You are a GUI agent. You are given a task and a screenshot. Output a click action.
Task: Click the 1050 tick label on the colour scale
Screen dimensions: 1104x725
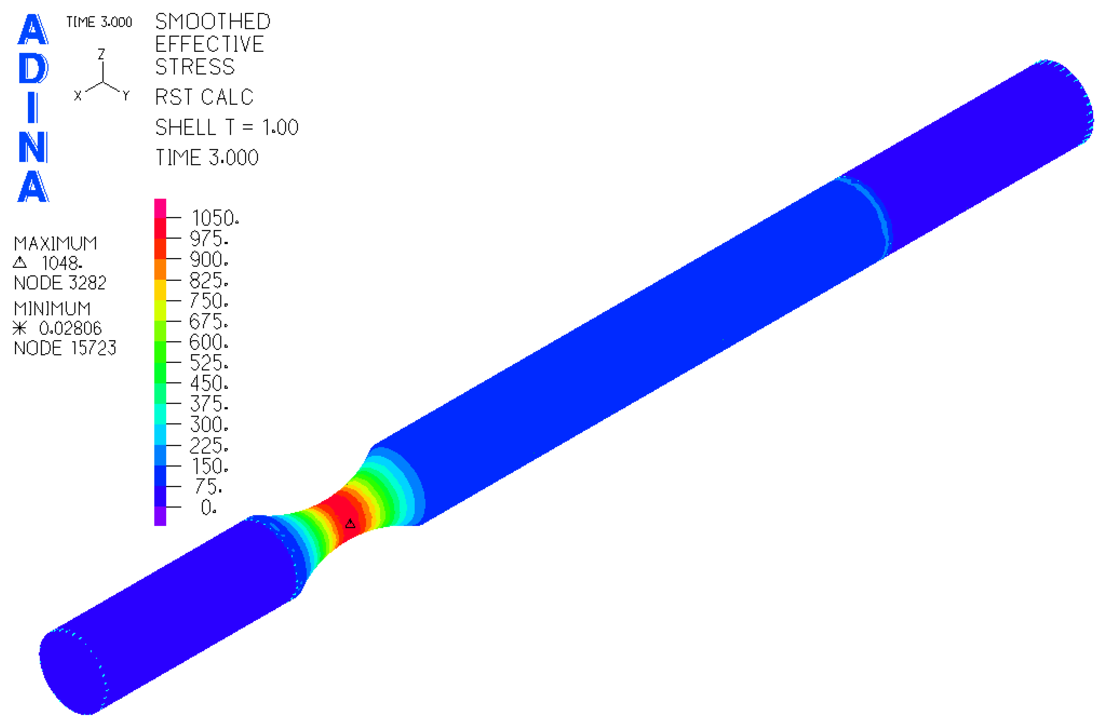click(215, 218)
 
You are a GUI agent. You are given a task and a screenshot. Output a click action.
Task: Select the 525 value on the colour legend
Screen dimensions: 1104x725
click(209, 362)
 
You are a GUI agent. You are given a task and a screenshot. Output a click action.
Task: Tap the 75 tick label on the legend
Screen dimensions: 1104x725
click(208, 486)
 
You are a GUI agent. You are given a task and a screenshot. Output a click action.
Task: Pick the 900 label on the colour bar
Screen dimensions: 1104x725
click(209, 259)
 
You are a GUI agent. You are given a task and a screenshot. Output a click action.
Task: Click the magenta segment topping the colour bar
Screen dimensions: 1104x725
click(160, 208)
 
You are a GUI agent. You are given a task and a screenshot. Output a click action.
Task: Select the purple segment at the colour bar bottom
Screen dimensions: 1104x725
click(160, 516)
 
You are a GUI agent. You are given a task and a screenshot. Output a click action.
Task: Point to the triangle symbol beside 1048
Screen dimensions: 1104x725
click(20, 263)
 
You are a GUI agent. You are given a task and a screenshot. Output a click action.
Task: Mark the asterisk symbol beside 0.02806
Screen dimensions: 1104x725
click(20, 329)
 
